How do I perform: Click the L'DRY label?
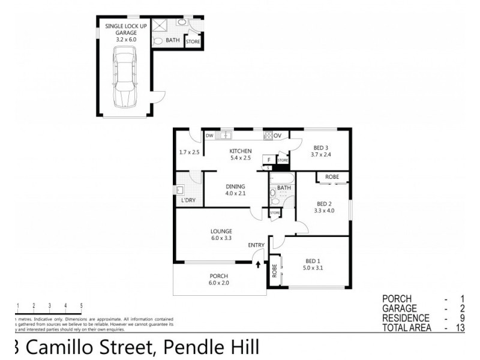point(188,200)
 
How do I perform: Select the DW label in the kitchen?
point(209,136)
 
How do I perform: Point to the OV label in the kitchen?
point(277,136)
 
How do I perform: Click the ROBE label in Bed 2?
point(332,177)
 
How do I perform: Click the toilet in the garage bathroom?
point(157,41)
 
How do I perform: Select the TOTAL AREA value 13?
point(460,328)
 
